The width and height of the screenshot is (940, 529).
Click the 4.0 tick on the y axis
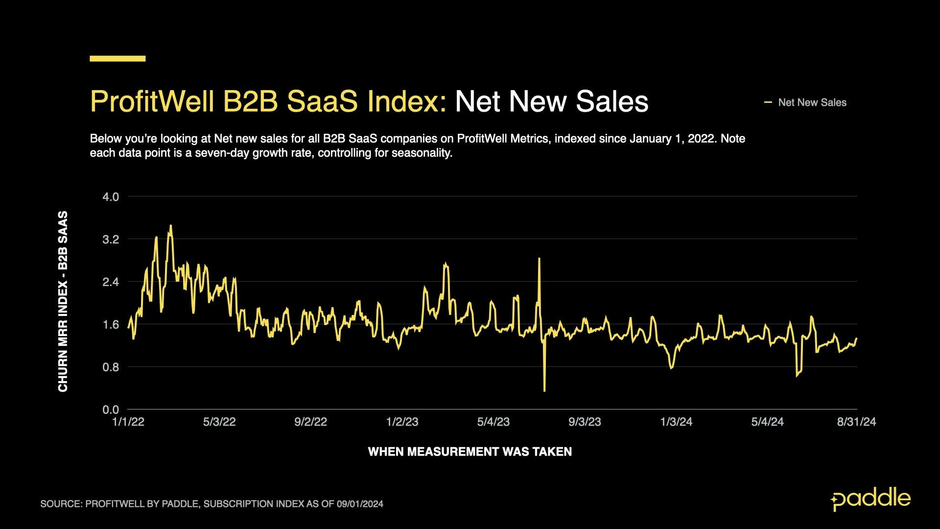tap(111, 197)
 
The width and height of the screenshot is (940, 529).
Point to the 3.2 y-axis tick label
tap(111, 240)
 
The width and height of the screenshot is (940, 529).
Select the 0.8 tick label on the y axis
tap(111, 367)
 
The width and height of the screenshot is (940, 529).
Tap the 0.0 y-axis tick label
tap(111, 409)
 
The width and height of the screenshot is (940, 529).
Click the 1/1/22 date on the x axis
tap(128, 422)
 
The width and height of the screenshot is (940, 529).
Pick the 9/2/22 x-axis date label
tap(310, 422)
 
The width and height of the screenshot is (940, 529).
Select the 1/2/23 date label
tap(402, 422)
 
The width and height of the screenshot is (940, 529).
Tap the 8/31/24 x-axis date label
tap(856, 422)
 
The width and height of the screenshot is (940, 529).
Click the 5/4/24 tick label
tap(767, 422)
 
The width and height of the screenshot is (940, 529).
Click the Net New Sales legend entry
tap(812, 102)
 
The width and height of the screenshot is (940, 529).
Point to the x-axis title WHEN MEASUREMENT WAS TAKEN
tap(470, 452)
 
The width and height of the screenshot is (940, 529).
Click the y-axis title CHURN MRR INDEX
tap(63, 301)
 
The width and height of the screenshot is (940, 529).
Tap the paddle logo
tap(870, 499)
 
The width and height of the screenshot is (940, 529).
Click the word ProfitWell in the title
tap(152, 101)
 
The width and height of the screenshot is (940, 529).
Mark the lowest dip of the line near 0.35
tap(544, 390)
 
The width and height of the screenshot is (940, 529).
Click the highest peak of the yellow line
tap(170, 226)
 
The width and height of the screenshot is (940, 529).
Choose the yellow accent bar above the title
tap(117, 58)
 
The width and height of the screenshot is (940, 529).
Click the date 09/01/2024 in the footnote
tap(360, 504)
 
